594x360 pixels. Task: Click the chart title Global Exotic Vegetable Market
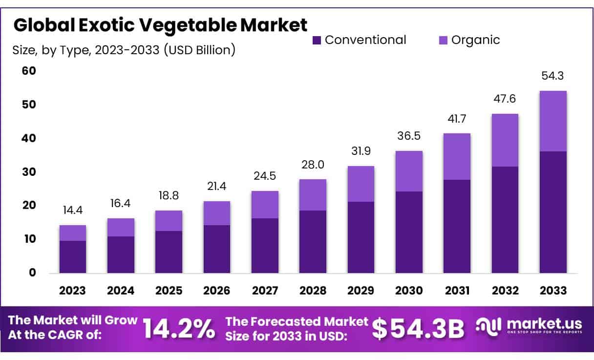coord(161,25)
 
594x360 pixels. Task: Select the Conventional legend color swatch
coord(317,40)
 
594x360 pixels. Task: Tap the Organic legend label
coord(475,40)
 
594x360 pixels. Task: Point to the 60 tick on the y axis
coord(29,71)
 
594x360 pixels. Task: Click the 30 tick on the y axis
coord(29,172)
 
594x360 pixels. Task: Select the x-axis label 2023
coord(72,291)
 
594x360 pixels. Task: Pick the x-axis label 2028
coord(313,291)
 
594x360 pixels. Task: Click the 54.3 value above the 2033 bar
coord(552,76)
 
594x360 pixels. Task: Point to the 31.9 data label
coord(361,152)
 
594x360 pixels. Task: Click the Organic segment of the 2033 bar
coord(552,121)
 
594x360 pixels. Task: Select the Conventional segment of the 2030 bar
coord(409,232)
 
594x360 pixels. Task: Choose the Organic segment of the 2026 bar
coord(217,213)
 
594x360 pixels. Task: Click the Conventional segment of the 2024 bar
coord(121,254)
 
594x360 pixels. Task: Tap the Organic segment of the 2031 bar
coord(457,156)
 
